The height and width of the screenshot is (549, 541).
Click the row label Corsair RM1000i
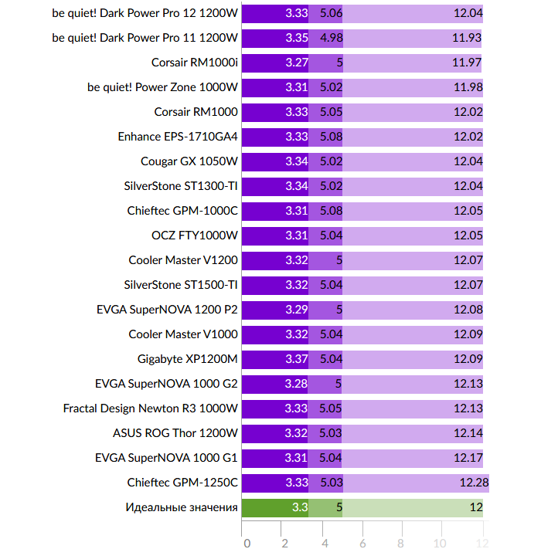195,63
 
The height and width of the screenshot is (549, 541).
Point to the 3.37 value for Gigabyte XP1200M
297,359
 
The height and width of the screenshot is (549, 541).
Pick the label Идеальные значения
182,507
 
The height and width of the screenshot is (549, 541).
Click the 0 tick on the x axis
247,543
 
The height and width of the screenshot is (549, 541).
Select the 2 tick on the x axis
285,543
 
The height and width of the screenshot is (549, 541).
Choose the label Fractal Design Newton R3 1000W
151,408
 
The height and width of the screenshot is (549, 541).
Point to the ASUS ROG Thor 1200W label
175,433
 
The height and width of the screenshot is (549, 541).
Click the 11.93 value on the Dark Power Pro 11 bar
467,38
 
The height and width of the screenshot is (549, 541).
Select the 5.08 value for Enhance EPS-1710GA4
331,137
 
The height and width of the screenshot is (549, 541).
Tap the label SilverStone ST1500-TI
181,285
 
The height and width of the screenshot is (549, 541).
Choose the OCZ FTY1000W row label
195,236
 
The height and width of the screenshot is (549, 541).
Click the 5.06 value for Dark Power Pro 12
331,13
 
